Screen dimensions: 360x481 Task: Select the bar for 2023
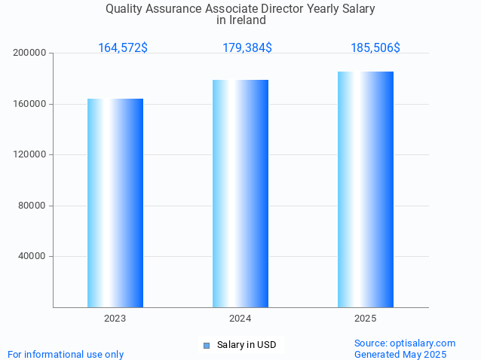tap(115, 203)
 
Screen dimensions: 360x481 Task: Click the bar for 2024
tap(240, 194)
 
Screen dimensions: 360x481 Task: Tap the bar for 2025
tap(366, 189)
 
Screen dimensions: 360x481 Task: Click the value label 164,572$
tap(123, 48)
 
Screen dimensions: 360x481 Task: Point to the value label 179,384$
tap(247, 48)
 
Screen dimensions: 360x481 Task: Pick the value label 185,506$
tap(375, 48)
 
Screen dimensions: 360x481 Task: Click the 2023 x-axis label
tap(115, 319)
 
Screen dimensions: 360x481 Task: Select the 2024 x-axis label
tap(240, 319)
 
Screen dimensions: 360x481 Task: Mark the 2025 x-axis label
tap(366, 319)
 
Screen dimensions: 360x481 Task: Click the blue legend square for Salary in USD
tap(206, 346)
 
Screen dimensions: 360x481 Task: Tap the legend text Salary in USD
tap(247, 346)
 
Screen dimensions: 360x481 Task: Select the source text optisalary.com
tap(422, 343)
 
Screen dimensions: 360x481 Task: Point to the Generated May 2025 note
tap(400, 355)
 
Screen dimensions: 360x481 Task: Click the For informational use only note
tap(66, 355)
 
